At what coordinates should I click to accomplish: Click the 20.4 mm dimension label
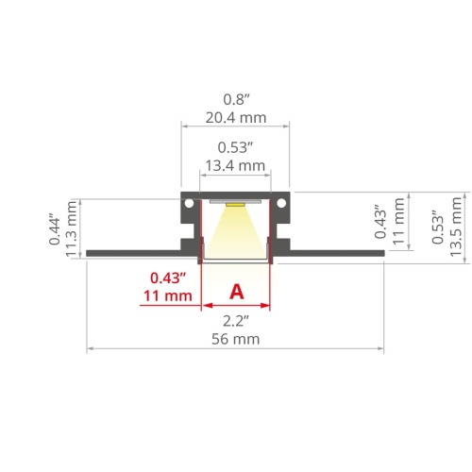236,118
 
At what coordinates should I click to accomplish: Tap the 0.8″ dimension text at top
236,99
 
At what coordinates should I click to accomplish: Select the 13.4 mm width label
235,165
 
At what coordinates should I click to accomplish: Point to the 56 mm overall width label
236,339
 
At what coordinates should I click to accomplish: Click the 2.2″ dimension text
236,321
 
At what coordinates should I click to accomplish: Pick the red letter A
237,292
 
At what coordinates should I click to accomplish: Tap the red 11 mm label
168,296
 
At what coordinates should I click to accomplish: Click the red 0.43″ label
168,278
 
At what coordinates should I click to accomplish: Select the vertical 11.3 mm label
71,228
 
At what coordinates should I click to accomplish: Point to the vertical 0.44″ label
54,229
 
